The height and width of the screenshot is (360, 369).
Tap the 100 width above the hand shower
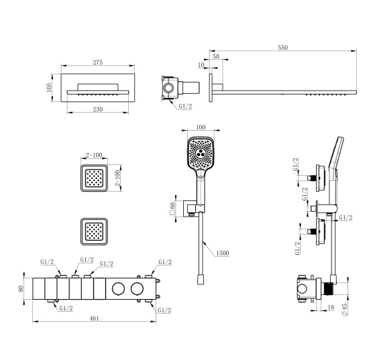(201, 127)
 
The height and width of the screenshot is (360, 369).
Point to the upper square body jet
(93, 179)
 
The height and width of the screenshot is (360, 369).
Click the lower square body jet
(93, 231)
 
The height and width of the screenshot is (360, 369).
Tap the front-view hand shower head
(201, 152)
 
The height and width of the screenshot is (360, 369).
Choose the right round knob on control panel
(137, 289)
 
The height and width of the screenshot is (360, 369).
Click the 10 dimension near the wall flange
(201, 64)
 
